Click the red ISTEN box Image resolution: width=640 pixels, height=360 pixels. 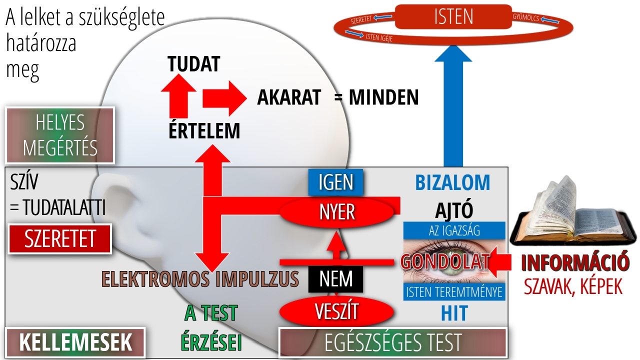453,16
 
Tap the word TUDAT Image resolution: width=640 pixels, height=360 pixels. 193,63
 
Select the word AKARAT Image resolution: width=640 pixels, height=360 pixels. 289,97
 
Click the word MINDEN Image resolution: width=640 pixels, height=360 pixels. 383,97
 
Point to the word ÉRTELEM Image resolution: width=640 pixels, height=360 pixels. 204,131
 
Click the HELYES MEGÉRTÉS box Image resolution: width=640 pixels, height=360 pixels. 60,135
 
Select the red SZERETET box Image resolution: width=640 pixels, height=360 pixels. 59,239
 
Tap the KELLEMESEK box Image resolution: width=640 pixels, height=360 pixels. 75,342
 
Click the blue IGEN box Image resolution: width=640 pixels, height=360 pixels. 335,182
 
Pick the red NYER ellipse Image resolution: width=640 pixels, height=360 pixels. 336,212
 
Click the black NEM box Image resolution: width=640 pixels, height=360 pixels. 335,279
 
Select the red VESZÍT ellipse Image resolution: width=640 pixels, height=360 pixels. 336,311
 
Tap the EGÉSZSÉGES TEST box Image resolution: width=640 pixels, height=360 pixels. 392,342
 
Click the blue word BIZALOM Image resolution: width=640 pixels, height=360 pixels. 452,183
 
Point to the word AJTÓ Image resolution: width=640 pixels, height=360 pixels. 454,210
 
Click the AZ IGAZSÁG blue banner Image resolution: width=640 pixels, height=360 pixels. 454,230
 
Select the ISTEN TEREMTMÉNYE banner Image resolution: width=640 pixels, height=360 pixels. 454,292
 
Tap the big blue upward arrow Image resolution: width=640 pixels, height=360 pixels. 453,105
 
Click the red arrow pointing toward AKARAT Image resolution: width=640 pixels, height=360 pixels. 224,98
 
